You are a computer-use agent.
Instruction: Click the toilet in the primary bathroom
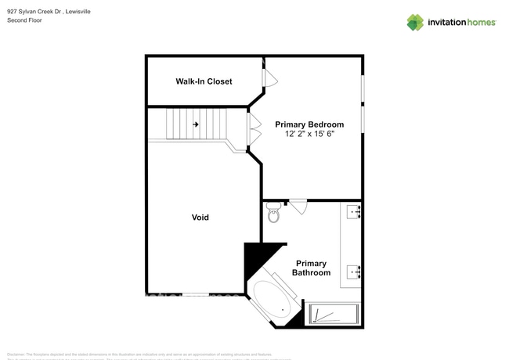[x=273, y=211]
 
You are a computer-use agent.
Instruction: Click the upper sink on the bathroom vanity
[x=354, y=211]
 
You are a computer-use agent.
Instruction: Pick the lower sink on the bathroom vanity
[x=354, y=272]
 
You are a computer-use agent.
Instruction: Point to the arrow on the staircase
[x=196, y=124]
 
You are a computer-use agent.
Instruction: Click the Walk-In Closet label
[x=204, y=81]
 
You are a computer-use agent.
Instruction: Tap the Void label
[x=200, y=217]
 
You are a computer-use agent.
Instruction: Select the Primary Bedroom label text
[x=309, y=124]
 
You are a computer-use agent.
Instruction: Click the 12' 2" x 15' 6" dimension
[x=309, y=135]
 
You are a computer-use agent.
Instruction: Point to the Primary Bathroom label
[x=311, y=268]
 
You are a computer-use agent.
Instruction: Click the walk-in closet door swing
[x=267, y=77]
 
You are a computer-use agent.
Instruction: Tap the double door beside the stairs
[x=253, y=130]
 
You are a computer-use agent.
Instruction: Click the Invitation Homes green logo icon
[x=415, y=22]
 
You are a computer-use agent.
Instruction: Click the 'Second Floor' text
[x=24, y=20]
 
